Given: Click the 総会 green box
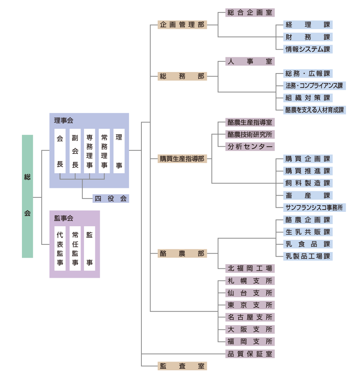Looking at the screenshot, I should tap(27, 196).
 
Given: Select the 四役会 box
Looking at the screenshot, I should tap(111, 199).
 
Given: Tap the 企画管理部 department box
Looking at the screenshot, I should tap(182, 25).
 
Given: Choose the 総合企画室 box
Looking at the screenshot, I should tap(250, 13).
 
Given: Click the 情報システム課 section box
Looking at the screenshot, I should tap(308, 49).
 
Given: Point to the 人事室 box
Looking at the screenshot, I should tap(250, 61).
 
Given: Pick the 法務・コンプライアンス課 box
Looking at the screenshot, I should tap(314, 86).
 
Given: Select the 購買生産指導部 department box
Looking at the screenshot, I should tap(182, 159).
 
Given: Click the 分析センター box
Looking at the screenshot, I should tap(250, 147).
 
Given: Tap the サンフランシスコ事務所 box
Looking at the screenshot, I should tap(314, 207).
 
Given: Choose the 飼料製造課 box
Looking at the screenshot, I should tap(308, 183).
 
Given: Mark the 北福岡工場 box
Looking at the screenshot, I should tap(250, 269).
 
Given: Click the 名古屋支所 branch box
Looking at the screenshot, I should tap(250, 317).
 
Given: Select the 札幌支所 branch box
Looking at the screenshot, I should tap(250, 281).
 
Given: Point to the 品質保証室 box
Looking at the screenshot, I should tap(250, 354).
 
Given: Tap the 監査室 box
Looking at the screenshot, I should tap(182, 366).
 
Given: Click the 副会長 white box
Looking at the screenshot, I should tap(75, 151).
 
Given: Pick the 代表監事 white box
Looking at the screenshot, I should tap(60, 248).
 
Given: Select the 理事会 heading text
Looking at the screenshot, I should tap(64, 121).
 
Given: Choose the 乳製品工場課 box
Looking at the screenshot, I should tap(308, 256).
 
